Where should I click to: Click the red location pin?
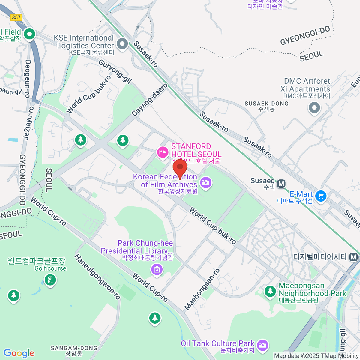(x=180, y=167)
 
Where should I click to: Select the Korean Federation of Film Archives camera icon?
(x=206, y=182)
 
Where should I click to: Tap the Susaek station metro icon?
(x=281, y=184)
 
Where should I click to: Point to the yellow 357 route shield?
(x=16, y=17)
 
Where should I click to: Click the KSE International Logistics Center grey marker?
(x=122, y=44)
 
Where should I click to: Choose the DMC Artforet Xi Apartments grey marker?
(x=314, y=107)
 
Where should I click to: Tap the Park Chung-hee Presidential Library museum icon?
(x=157, y=269)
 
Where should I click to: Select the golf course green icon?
(x=50, y=280)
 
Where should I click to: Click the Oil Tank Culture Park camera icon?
(x=262, y=345)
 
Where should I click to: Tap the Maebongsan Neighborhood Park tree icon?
(x=270, y=291)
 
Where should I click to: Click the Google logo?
(x=19, y=353)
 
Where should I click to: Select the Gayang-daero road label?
(x=150, y=100)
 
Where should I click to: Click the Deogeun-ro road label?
(x=28, y=79)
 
